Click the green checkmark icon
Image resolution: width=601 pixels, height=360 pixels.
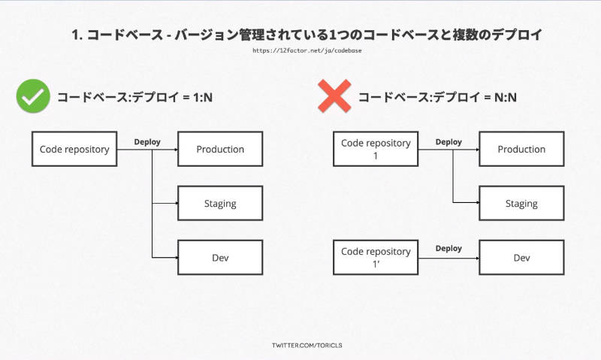33,96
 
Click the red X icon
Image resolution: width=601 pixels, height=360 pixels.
334,96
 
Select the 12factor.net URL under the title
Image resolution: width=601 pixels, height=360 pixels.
307,50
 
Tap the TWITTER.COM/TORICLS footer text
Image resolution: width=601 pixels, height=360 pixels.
307,345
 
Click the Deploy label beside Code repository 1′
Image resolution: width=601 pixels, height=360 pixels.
448,249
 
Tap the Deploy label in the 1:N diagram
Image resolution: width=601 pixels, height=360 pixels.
147,142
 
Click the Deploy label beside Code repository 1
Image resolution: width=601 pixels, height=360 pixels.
448,142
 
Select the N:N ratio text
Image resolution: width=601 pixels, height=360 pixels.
505,98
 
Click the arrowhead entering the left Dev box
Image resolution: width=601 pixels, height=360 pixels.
177,257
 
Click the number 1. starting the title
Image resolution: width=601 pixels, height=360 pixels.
77,35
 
